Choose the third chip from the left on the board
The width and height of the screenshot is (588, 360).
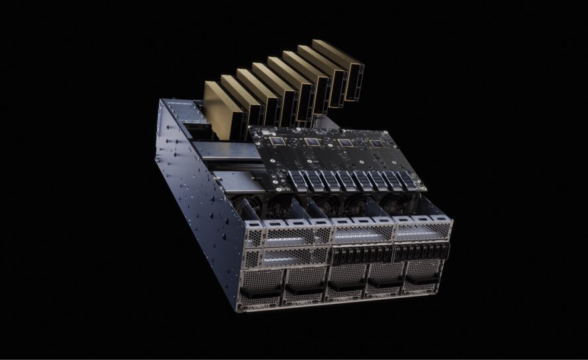(x=344, y=143)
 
